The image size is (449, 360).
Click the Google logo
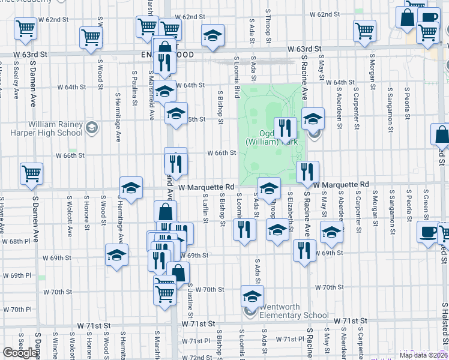click(20, 353)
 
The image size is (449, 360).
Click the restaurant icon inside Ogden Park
click(285, 128)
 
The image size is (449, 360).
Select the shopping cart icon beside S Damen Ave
click(31, 174)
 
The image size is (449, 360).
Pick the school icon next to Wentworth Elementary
click(252, 296)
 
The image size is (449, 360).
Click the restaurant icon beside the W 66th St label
click(176, 161)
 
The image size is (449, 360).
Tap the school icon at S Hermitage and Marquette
click(131, 188)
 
